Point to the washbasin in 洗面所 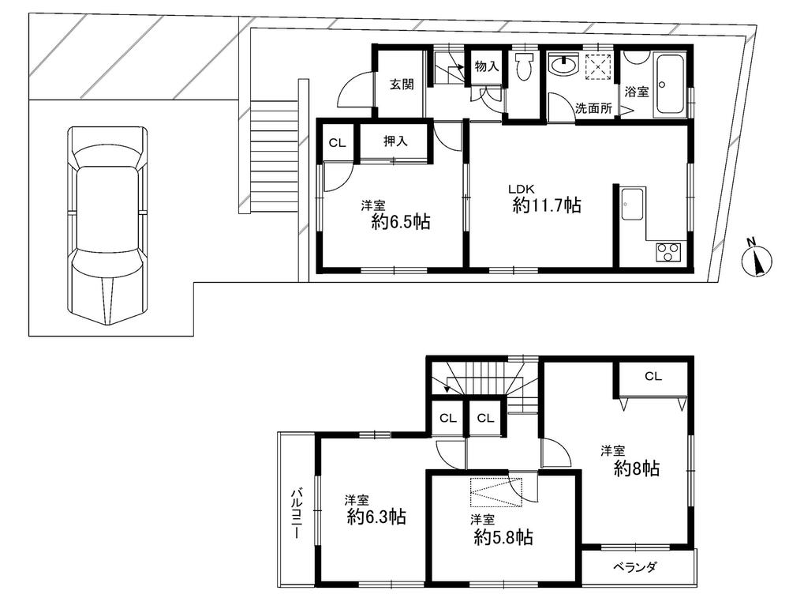click(563, 66)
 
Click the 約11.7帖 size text click(547, 206)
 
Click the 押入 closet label click(395, 142)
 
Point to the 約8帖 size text click(637, 468)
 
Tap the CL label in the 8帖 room click(653, 377)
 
